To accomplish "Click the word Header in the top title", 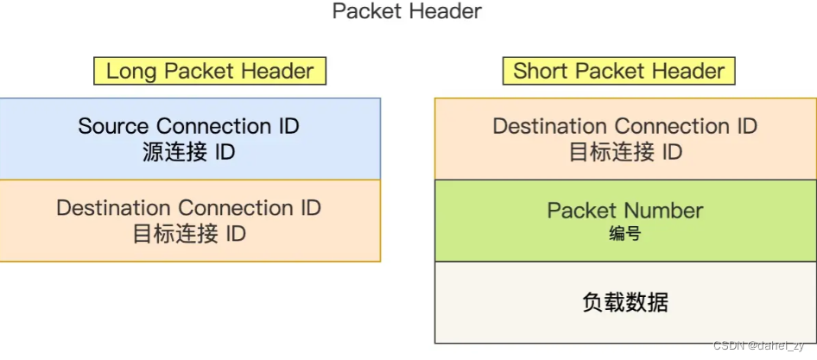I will click(x=443, y=12).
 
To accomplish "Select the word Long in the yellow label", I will click(x=131, y=71).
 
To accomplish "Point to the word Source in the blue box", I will click(x=114, y=126).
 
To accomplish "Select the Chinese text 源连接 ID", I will click(x=188, y=153).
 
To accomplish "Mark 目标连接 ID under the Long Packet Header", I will click(x=188, y=234).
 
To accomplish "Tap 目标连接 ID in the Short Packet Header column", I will click(x=625, y=153).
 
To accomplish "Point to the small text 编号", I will click(x=625, y=233).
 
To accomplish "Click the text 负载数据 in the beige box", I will click(x=625, y=302).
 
